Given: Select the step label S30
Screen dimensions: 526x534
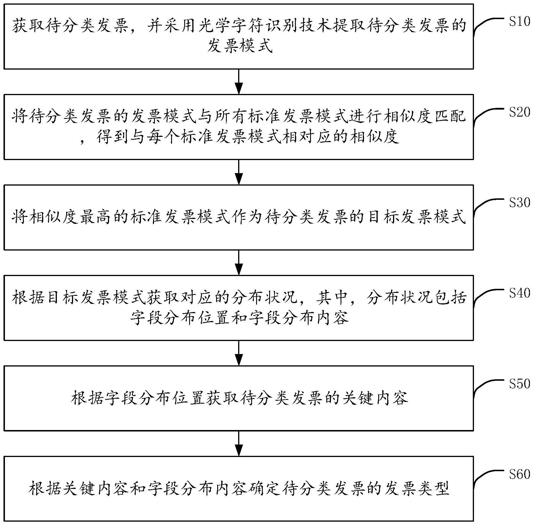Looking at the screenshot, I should (x=519, y=203).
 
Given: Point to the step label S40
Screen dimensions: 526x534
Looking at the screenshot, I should (x=519, y=293).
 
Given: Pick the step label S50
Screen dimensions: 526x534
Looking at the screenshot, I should (x=519, y=384).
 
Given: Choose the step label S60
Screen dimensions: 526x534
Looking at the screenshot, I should (x=519, y=474).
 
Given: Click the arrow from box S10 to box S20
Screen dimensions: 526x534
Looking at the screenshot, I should (x=239, y=82).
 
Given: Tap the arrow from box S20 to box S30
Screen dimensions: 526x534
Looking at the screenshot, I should (x=239, y=172).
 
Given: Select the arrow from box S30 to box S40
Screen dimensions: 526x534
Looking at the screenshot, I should (x=239, y=263).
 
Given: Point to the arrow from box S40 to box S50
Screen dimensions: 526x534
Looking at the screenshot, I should (x=239, y=353).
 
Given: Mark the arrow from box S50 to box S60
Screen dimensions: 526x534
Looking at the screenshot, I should (x=239, y=444).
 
